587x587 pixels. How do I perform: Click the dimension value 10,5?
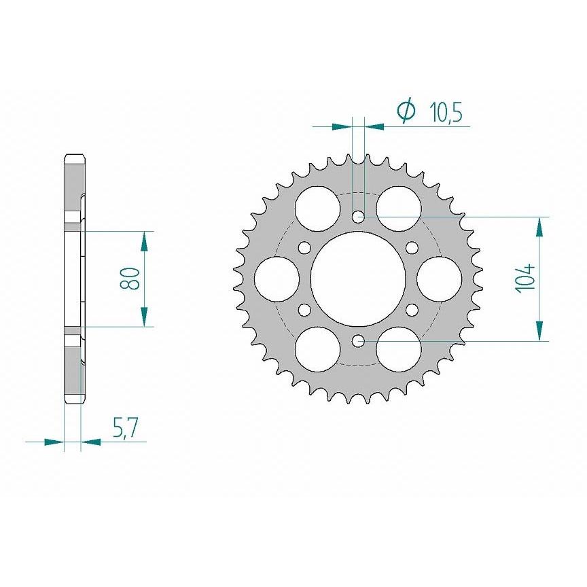[x=446, y=112]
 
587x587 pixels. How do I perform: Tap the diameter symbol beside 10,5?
[x=406, y=111]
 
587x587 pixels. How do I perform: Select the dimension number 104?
[x=526, y=279]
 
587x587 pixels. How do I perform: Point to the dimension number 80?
[x=130, y=279]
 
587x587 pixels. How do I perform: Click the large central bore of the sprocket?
[x=358, y=279]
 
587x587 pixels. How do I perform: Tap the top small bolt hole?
[x=359, y=216]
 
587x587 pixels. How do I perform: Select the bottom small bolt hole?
[x=359, y=341]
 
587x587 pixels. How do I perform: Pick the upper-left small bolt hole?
[x=305, y=247]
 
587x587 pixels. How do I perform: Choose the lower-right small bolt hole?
[x=412, y=310]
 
